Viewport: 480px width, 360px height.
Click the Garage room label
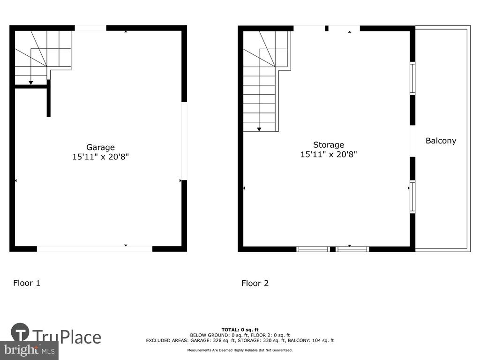pos(100,147)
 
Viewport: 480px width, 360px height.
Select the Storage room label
pos(329,145)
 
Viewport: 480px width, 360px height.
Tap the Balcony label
pos(441,141)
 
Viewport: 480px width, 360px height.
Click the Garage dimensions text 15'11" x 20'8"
pos(100,157)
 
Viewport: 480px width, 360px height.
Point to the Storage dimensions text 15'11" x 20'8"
pos(329,154)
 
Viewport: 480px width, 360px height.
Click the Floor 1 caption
pos(27,283)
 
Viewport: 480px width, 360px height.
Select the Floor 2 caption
pos(255,283)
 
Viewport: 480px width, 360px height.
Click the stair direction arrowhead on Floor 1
pos(30,82)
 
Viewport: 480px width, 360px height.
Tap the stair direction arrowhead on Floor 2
pos(259,129)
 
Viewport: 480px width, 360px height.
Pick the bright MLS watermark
pos(30,350)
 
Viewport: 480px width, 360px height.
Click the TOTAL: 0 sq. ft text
pos(240,330)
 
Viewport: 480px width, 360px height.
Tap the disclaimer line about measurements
pos(240,350)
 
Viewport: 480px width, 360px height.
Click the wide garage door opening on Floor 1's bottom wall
pos(95,249)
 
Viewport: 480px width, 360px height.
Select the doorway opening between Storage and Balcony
pos(412,141)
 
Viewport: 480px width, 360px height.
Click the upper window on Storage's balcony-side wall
pos(412,78)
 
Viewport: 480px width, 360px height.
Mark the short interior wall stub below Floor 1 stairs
pos(48,98)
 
